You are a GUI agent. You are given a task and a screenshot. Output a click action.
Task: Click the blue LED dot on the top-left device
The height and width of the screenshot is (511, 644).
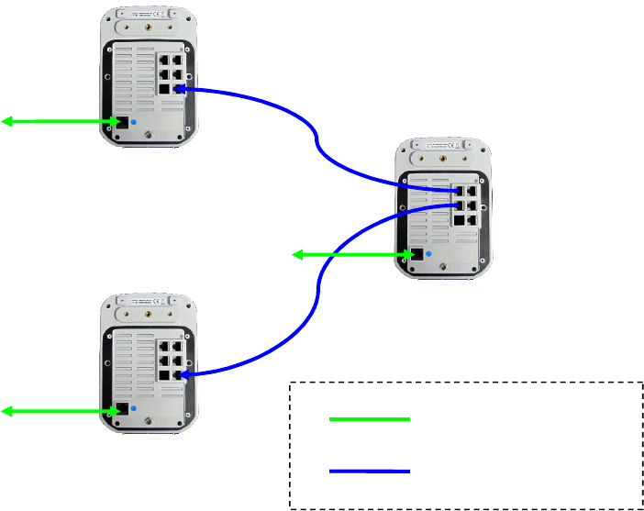[135, 121]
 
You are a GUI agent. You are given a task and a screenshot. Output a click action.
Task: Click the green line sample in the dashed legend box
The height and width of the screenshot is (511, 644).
[369, 419]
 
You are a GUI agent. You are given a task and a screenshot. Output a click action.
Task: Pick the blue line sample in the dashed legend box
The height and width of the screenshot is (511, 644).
[369, 471]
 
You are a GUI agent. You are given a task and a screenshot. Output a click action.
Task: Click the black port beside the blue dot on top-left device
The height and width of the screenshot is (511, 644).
[117, 122]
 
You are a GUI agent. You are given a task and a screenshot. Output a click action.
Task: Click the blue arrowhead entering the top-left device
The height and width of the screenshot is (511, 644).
[180, 89]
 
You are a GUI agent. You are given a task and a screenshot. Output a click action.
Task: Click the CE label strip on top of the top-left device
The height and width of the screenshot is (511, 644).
[148, 14]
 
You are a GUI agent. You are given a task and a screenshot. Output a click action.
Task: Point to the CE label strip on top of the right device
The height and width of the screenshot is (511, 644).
[446, 147]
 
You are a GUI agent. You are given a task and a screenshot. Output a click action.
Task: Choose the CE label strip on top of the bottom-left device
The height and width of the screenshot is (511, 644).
[148, 300]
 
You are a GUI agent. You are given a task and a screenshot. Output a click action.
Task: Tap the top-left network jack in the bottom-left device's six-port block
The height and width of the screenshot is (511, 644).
[162, 348]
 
